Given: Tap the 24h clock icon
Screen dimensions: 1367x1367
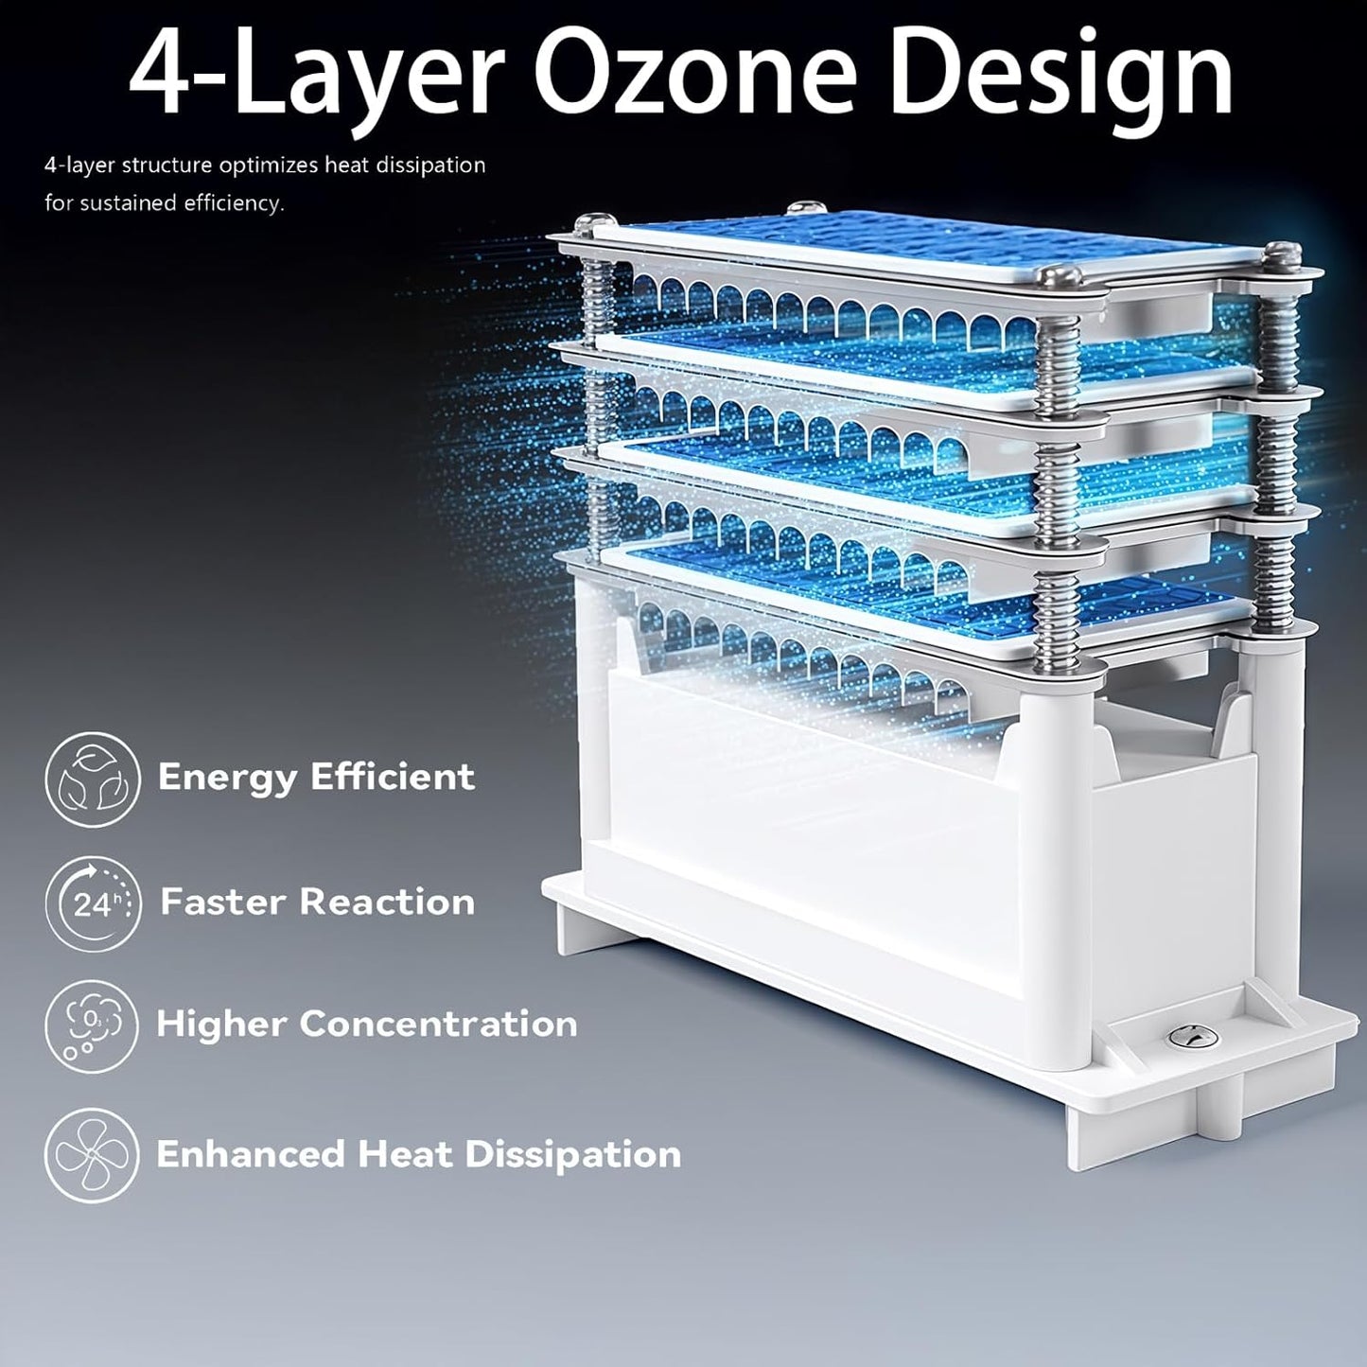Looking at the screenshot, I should pos(92,903).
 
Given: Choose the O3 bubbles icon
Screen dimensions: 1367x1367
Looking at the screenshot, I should pos(92,1026).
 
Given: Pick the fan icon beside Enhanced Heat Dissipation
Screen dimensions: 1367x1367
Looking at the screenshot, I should pos(92,1155).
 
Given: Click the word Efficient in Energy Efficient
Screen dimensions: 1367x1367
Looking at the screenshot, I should pos(393,777).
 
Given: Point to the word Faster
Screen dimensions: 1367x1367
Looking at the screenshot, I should pos(222,902).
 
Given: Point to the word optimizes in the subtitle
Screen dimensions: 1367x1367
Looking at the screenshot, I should pos(271,166).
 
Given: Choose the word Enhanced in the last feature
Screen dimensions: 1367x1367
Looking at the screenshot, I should pos(251,1154).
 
